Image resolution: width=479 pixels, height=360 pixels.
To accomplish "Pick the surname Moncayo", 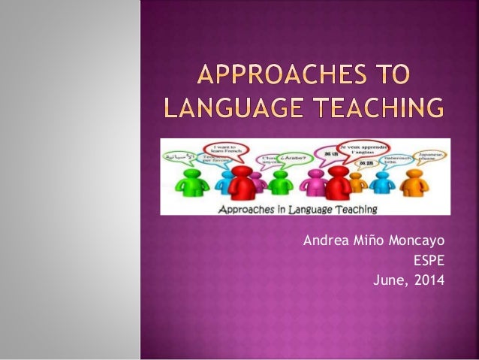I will coord(417,241).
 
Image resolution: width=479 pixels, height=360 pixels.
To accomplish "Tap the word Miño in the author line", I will coord(367,241).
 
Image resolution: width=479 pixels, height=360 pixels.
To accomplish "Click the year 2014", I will coord(429,282).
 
